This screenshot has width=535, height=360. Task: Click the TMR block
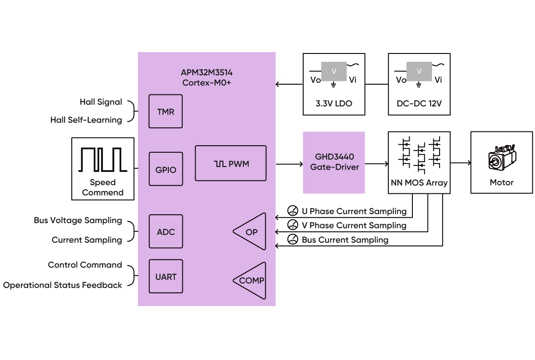(x=165, y=111)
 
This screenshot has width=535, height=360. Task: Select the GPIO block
(x=165, y=169)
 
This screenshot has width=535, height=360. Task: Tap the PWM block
(x=230, y=164)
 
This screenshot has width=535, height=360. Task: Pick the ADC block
(x=165, y=232)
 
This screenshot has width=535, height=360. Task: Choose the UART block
(x=165, y=277)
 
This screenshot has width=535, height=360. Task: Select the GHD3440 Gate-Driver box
(x=334, y=163)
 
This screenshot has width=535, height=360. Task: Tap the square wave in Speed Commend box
(x=103, y=160)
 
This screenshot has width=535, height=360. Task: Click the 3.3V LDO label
(x=334, y=104)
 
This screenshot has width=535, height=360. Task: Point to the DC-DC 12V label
(x=419, y=104)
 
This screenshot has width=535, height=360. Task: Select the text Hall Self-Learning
(x=86, y=120)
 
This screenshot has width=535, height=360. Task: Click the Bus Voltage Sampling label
(x=78, y=221)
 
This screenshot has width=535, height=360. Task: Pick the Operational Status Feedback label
(x=63, y=285)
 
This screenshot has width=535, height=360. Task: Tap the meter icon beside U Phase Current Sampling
(x=293, y=211)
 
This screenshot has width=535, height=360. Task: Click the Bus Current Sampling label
(x=345, y=240)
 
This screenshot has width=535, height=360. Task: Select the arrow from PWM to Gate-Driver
(x=288, y=164)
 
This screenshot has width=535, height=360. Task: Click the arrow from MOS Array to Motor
(x=461, y=163)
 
